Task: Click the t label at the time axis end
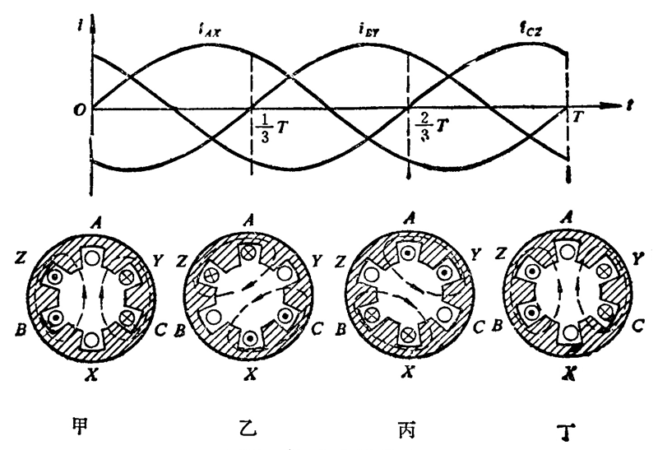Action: [628, 105]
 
